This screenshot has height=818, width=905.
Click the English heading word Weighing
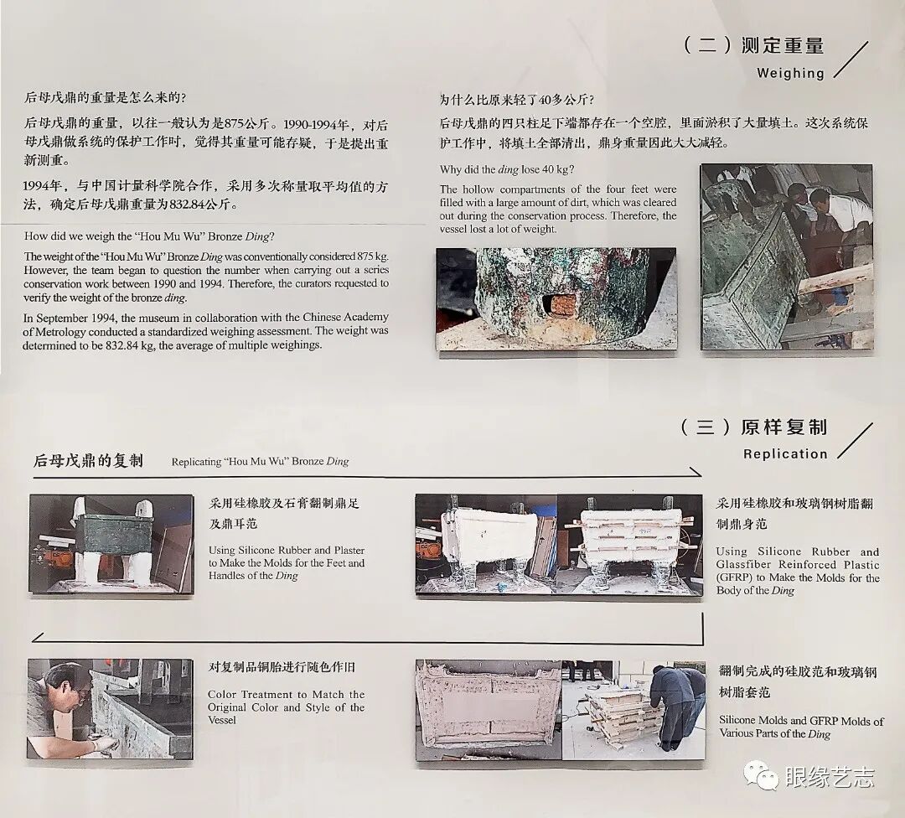point(790,73)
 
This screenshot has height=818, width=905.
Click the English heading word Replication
point(785,453)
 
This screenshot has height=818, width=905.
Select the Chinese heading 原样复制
point(783,427)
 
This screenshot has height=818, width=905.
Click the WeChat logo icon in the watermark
point(761,774)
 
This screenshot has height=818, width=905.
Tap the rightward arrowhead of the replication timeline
point(696,472)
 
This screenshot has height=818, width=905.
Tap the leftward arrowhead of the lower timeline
point(38,637)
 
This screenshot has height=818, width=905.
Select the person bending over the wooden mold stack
point(675,707)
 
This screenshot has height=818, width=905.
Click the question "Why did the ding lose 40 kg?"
point(507,170)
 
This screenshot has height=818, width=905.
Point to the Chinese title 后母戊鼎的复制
point(88,461)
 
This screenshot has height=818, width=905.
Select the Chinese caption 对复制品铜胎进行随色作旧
point(282,667)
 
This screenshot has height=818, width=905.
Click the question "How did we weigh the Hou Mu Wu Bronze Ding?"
point(149,236)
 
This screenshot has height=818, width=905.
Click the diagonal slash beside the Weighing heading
point(851,60)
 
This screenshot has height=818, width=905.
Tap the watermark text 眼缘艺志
point(830,776)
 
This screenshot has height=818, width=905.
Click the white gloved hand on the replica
point(104,744)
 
